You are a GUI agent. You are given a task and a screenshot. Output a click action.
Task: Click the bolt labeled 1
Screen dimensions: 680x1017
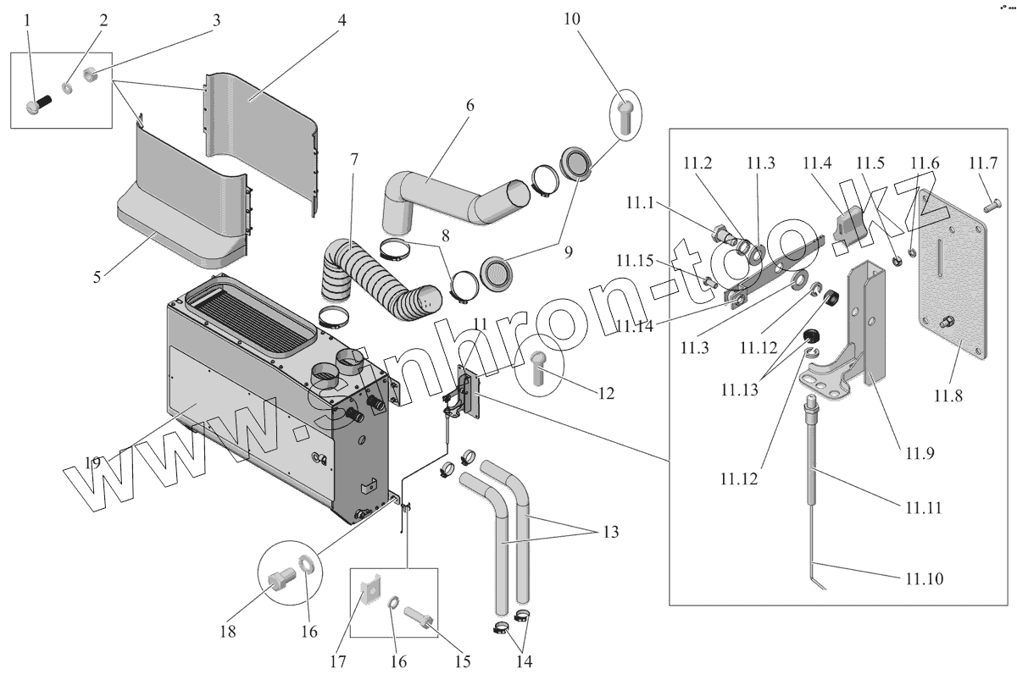click(39, 107)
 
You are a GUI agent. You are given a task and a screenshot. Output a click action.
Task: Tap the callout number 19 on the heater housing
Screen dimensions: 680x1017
click(92, 462)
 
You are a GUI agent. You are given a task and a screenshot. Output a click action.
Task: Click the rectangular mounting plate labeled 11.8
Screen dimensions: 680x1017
click(953, 279)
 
